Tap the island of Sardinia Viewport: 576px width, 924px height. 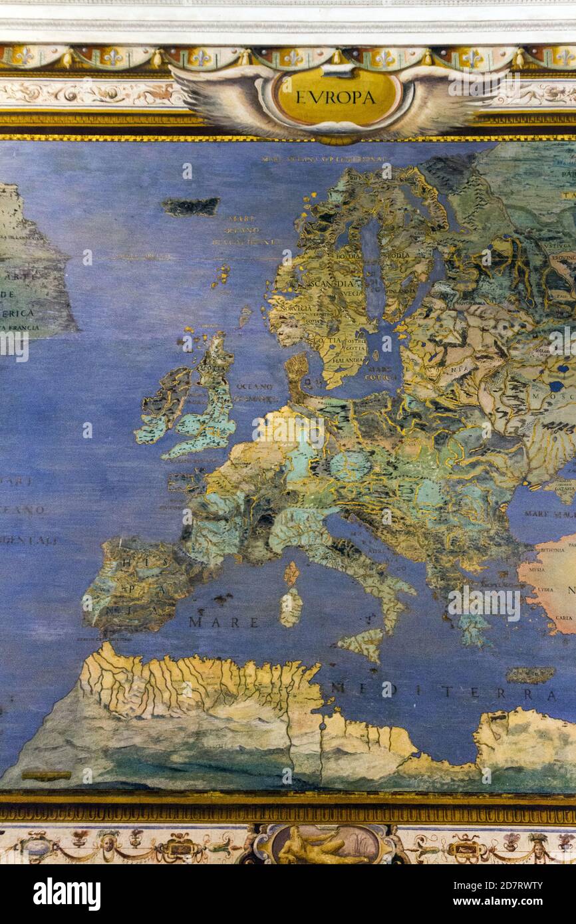point(291,606)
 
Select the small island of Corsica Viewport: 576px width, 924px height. point(291,573)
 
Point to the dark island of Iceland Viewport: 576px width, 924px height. point(190,207)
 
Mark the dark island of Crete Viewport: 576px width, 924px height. point(530,675)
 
